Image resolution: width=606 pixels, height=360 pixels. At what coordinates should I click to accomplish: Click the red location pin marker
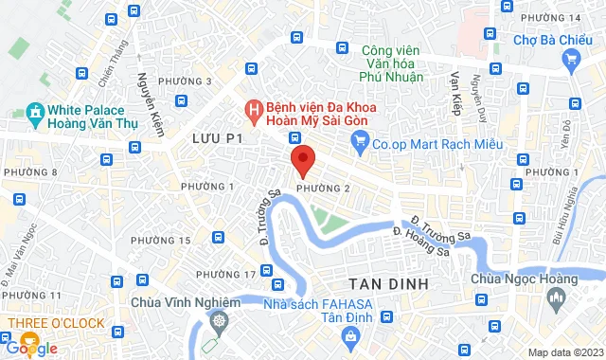click(302, 159)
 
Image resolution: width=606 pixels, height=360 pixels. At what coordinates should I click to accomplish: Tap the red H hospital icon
click(253, 112)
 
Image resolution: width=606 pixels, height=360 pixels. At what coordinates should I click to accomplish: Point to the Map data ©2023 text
click(563, 352)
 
